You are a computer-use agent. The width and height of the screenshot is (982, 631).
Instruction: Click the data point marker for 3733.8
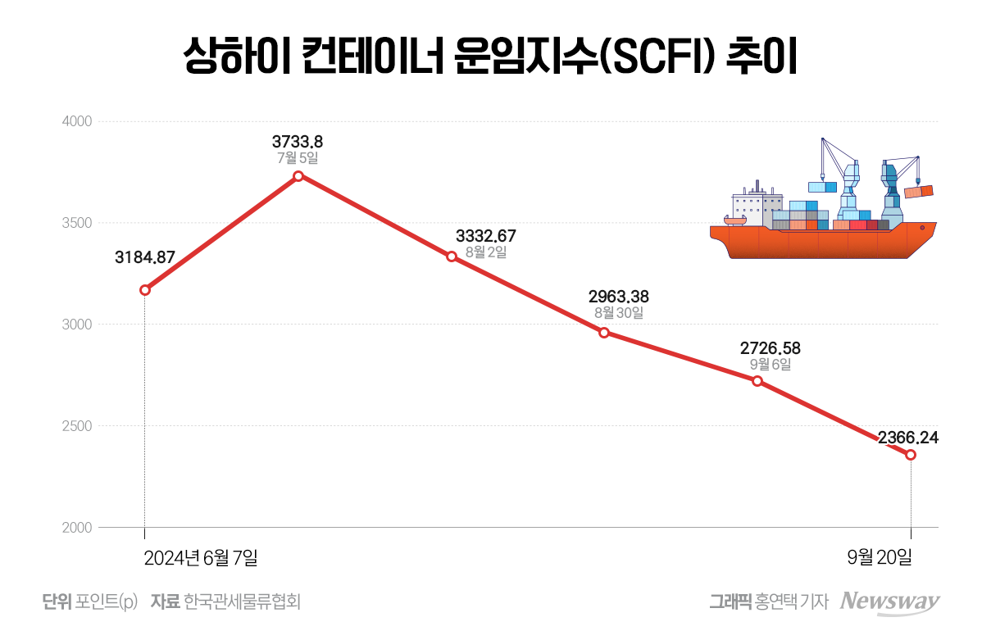[x=298, y=176]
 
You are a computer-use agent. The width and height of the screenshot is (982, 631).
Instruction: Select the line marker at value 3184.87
[x=145, y=290]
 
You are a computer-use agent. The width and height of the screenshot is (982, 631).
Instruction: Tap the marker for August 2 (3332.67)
[x=452, y=256]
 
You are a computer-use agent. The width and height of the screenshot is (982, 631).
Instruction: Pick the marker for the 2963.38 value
[x=604, y=333]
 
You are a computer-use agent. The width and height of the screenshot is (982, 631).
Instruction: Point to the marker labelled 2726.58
[x=757, y=381]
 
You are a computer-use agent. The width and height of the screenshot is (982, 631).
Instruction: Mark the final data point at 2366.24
[x=911, y=455]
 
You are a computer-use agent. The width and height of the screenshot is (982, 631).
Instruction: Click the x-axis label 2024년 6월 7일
[x=201, y=558]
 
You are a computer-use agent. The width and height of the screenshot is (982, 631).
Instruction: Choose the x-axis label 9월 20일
[x=880, y=558]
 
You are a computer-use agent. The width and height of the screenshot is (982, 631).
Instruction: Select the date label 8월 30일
[x=619, y=313]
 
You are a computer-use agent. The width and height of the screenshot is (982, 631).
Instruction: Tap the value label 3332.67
[x=486, y=237]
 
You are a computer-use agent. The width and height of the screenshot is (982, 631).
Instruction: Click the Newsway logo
[x=891, y=601]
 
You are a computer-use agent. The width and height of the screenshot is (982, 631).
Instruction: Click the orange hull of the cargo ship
[x=820, y=243]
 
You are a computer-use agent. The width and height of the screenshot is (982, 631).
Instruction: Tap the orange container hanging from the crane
[x=920, y=192]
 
